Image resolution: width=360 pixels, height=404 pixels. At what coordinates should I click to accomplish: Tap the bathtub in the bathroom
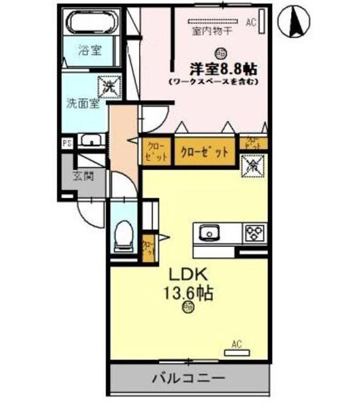pyautogui.click(x=92, y=24)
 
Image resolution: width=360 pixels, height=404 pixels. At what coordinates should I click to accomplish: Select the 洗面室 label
pyautogui.click(x=82, y=104)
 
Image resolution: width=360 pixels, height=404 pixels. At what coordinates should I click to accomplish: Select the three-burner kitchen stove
pyautogui.click(x=255, y=232)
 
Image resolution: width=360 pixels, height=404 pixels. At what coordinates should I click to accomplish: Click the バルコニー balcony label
pyautogui.click(x=189, y=379)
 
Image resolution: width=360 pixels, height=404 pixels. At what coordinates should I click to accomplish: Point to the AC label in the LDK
pyautogui.click(x=237, y=344)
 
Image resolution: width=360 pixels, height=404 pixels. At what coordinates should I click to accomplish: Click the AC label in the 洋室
pyautogui.click(x=250, y=23)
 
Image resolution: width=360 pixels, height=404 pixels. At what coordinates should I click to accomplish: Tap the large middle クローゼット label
pyautogui.click(x=204, y=151)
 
